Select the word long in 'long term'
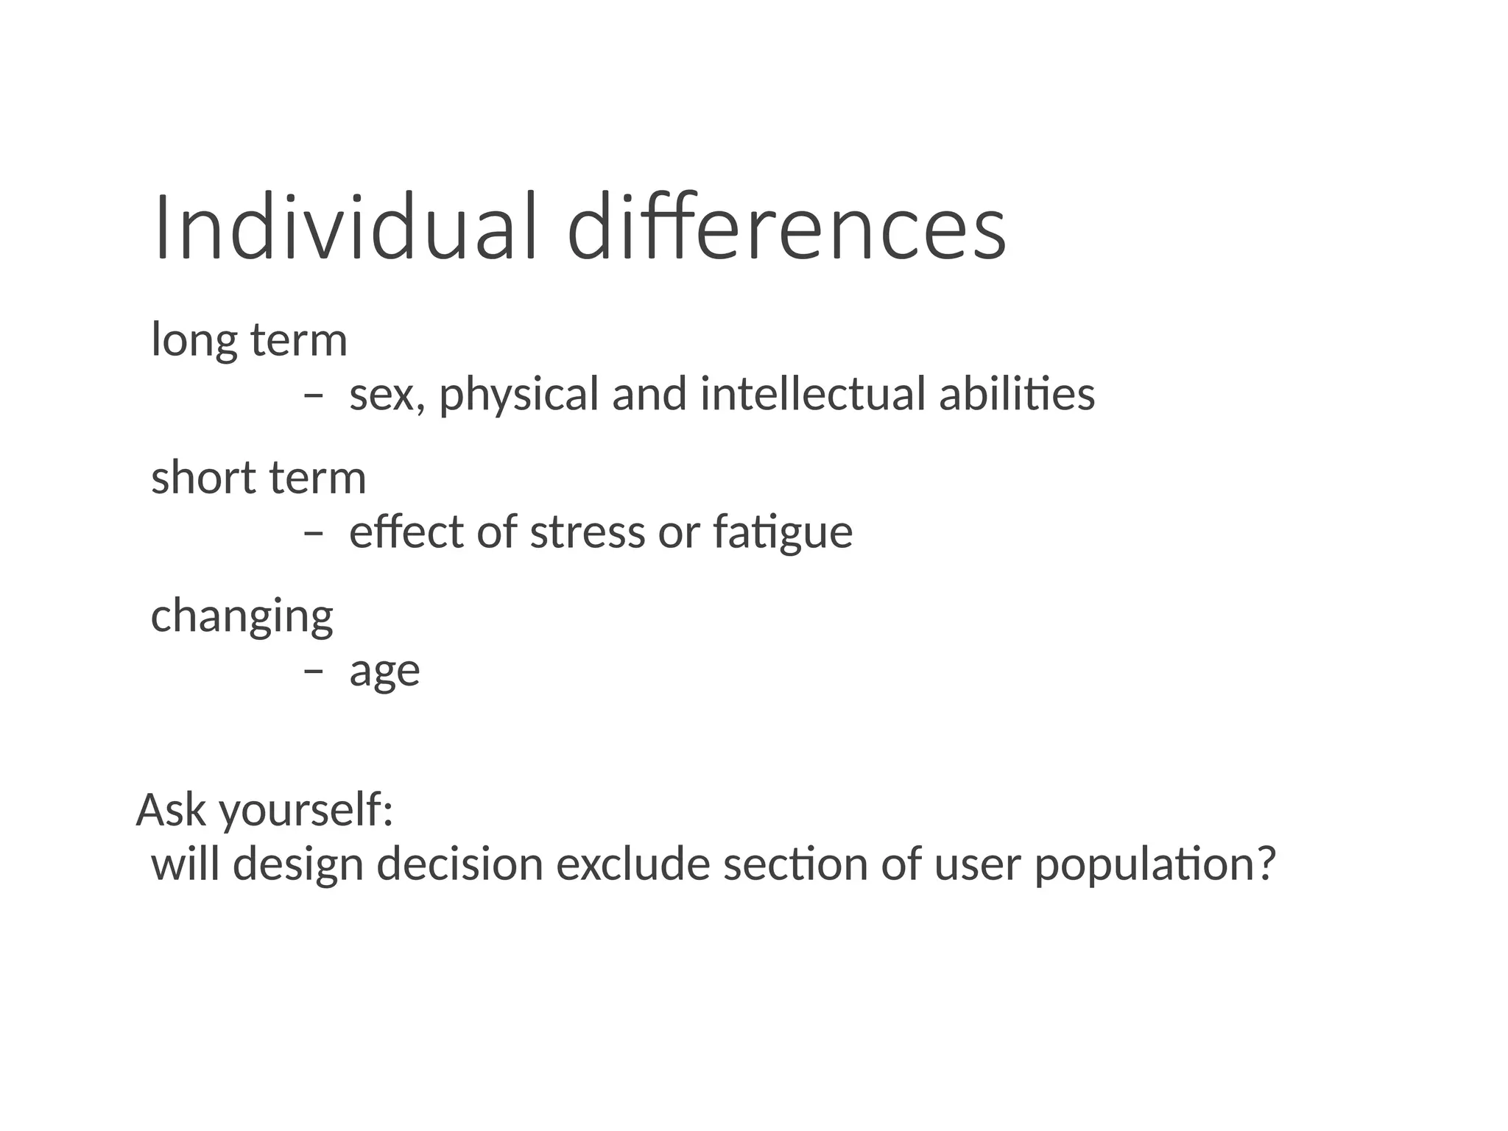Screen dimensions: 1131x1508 [x=194, y=342]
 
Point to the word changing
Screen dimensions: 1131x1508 [x=242, y=617]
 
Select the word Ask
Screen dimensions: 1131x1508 [x=171, y=809]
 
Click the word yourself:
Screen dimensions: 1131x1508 [x=306, y=811]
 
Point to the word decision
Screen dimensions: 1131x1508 [x=460, y=864]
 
